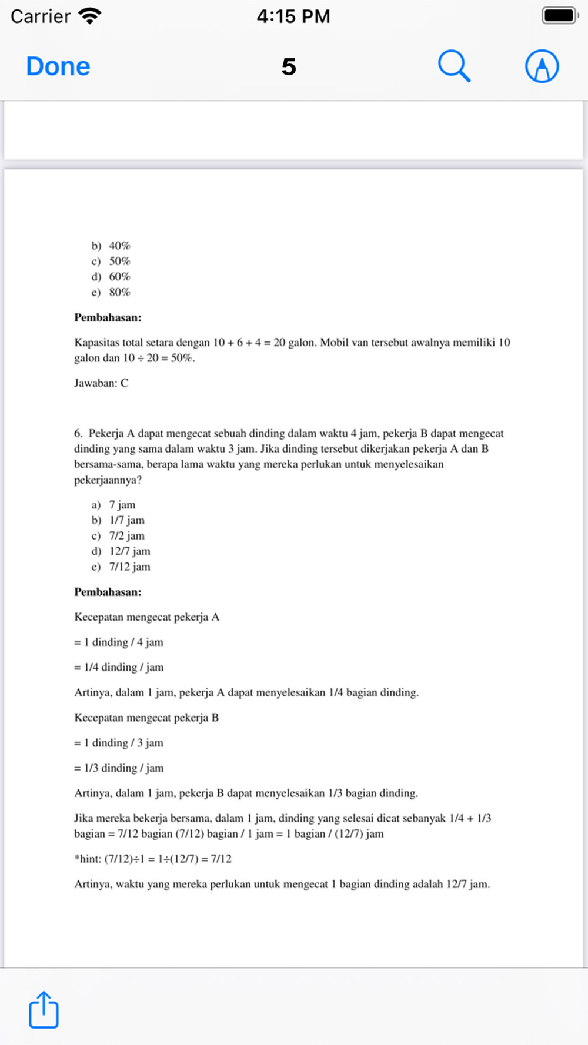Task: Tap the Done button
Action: coord(58,66)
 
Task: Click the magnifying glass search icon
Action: coord(454,66)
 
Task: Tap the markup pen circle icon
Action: coord(542,66)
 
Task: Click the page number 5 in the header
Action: coord(289,67)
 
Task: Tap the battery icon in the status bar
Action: coord(559,16)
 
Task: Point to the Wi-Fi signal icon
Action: coord(89,16)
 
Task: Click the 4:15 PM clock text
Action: coord(293,16)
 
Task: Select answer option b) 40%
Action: coord(111,246)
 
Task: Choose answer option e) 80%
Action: coord(111,292)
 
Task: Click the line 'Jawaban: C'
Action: coord(101,383)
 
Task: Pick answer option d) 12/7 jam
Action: coord(121,551)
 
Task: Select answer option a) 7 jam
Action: coord(113,505)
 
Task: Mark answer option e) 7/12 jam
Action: coord(121,567)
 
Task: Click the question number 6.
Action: coord(78,434)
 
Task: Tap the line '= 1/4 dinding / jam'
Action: coord(119,667)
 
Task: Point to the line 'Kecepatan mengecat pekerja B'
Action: coord(146,718)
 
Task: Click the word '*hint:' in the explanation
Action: coord(87,859)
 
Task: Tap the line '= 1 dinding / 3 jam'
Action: coord(119,743)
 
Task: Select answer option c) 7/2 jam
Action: coord(118,536)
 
